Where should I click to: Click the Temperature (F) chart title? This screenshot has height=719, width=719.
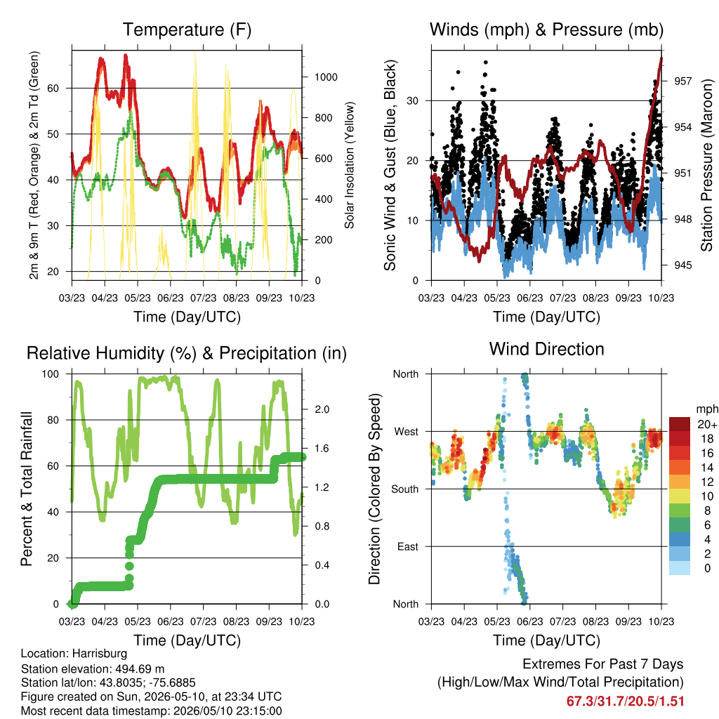pos(187,29)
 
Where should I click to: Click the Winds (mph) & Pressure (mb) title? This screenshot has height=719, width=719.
pos(546,29)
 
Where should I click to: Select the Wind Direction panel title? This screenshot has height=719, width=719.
pos(546,349)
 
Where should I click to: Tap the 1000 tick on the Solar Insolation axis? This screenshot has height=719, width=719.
pos(326,77)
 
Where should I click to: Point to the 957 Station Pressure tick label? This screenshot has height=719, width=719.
pos(682,81)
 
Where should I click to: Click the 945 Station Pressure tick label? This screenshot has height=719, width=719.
pos(682,265)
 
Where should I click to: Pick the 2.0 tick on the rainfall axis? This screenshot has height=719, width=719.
pos(322,409)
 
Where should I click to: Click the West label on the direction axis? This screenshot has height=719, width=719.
pos(407,432)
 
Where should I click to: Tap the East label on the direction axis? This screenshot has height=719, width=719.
pos(408,546)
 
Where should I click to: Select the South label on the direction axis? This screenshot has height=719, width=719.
pos(405,489)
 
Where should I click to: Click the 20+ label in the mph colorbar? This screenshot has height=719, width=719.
pos(707,425)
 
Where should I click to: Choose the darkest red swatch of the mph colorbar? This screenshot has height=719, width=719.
pos(680,424)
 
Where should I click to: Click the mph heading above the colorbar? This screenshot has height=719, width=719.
pos(707,409)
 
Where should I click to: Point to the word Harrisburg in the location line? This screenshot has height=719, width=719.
pos(100,654)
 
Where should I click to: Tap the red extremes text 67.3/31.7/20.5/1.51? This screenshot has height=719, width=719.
pos(625,701)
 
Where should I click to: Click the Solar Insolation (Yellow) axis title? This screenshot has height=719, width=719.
pos(350,165)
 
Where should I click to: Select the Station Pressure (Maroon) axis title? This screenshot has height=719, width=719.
pos(706,165)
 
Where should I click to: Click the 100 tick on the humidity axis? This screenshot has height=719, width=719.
pos(51,374)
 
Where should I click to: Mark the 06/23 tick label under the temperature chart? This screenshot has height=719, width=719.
pos(171,298)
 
